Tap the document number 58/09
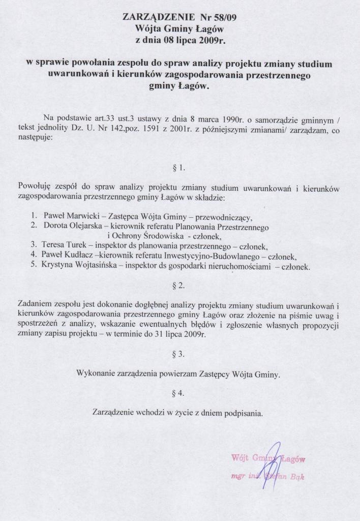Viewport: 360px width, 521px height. (224, 17)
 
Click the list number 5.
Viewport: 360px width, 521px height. (33, 266)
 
